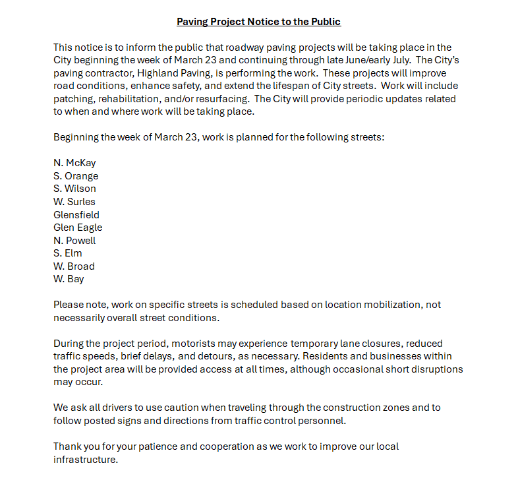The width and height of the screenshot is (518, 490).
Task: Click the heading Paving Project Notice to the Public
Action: (258, 22)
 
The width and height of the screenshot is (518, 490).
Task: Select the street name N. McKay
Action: (74, 163)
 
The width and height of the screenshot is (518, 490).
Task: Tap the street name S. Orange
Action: (76, 176)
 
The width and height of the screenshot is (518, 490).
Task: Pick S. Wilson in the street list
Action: (74, 189)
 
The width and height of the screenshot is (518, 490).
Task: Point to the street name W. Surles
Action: (74, 202)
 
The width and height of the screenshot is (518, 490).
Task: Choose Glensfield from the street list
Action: (76, 214)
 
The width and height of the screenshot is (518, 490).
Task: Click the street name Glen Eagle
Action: (78, 228)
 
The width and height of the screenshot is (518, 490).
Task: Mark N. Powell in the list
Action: (74, 240)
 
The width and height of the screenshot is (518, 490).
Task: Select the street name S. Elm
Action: (68, 253)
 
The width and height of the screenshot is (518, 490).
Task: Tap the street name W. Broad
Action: (74, 266)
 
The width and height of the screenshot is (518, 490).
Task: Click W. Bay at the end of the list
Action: (69, 279)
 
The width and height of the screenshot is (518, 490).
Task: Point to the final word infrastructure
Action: (86, 460)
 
